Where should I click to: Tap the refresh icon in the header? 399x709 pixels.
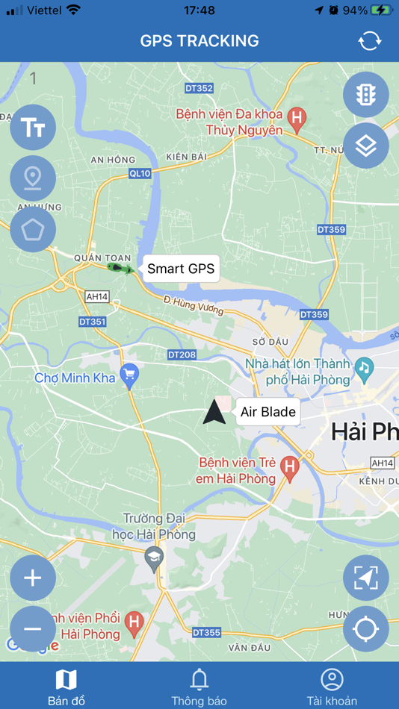click(370, 41)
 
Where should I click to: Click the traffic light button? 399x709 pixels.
click(365, 95)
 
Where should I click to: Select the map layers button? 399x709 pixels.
click(365, 146)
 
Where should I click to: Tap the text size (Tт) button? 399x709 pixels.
click(33, 128)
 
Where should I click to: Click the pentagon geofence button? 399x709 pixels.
click(33, 229)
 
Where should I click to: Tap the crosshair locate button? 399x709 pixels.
click(365, 629)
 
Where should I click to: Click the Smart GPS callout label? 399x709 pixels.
click(180, 269)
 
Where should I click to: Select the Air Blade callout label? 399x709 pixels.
click(268, 412)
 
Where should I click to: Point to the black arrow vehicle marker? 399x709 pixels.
click(214, 412)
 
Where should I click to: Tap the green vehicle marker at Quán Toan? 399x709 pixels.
click(118, 266)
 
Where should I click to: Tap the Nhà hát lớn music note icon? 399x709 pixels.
click(364, 367)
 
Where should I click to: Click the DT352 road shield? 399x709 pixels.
click(199, 89)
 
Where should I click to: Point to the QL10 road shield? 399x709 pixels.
click(140, 173)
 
